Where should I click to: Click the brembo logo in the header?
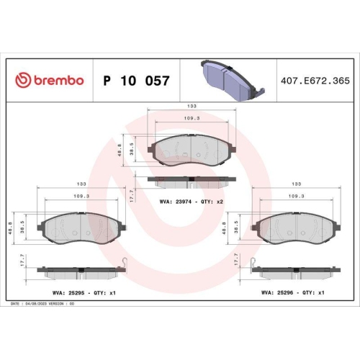[x=50, y=80]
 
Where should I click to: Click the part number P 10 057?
[x=137, y=81]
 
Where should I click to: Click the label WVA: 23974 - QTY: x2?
[x=192, y=202]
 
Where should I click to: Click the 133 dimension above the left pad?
[x=82, y=184]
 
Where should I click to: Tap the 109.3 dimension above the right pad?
[x=296, y=195]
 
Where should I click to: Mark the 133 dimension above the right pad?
[x=296, y=184]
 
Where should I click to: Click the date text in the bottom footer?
[x=36, y=305]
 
